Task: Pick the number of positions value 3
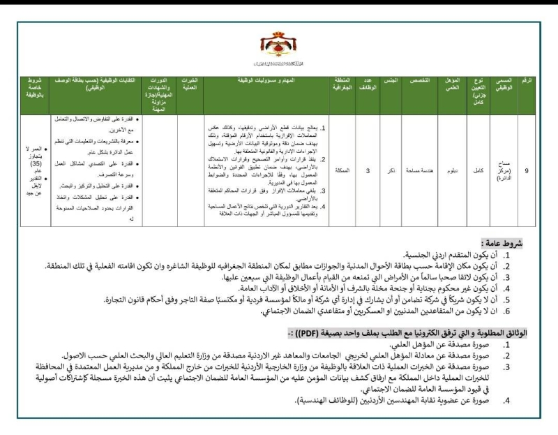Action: (x=368, y=170)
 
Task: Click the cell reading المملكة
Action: (x=342, y=170)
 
